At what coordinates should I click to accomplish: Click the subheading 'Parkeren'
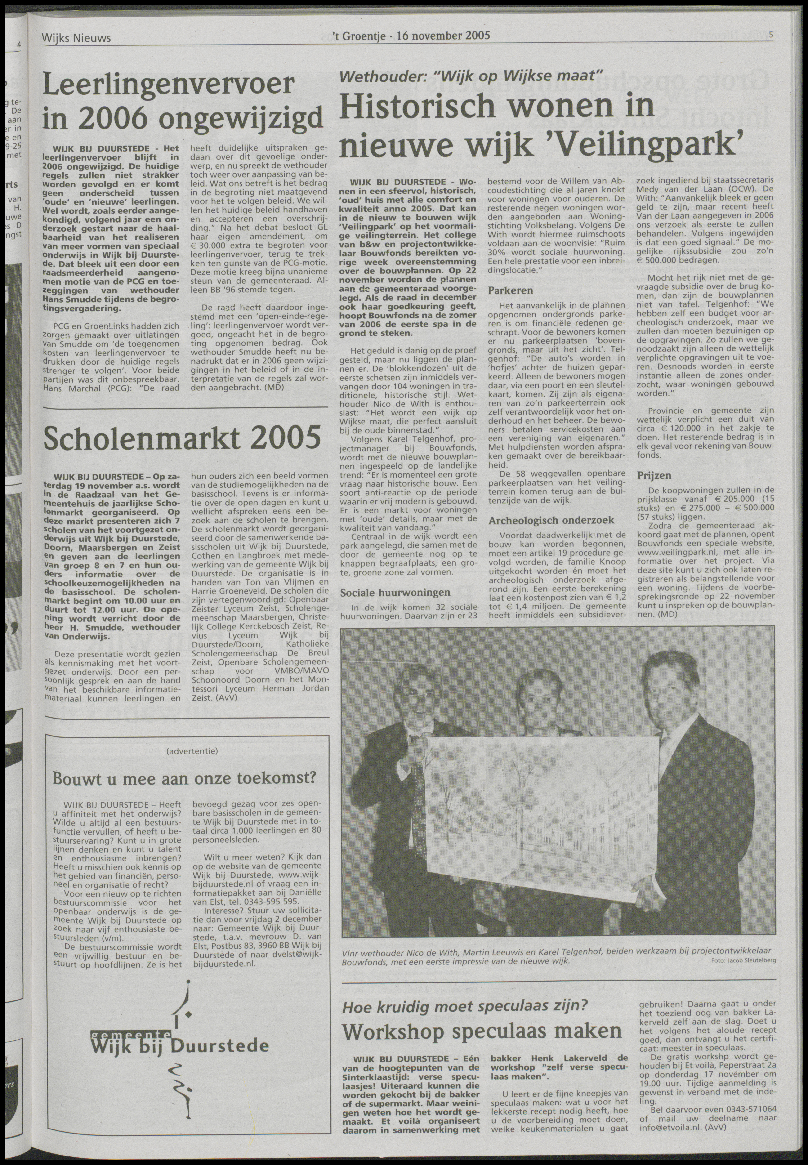[510, 291]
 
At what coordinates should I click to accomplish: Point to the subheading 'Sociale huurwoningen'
[395, 592]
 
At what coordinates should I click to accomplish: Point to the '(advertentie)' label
[192, 751]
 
